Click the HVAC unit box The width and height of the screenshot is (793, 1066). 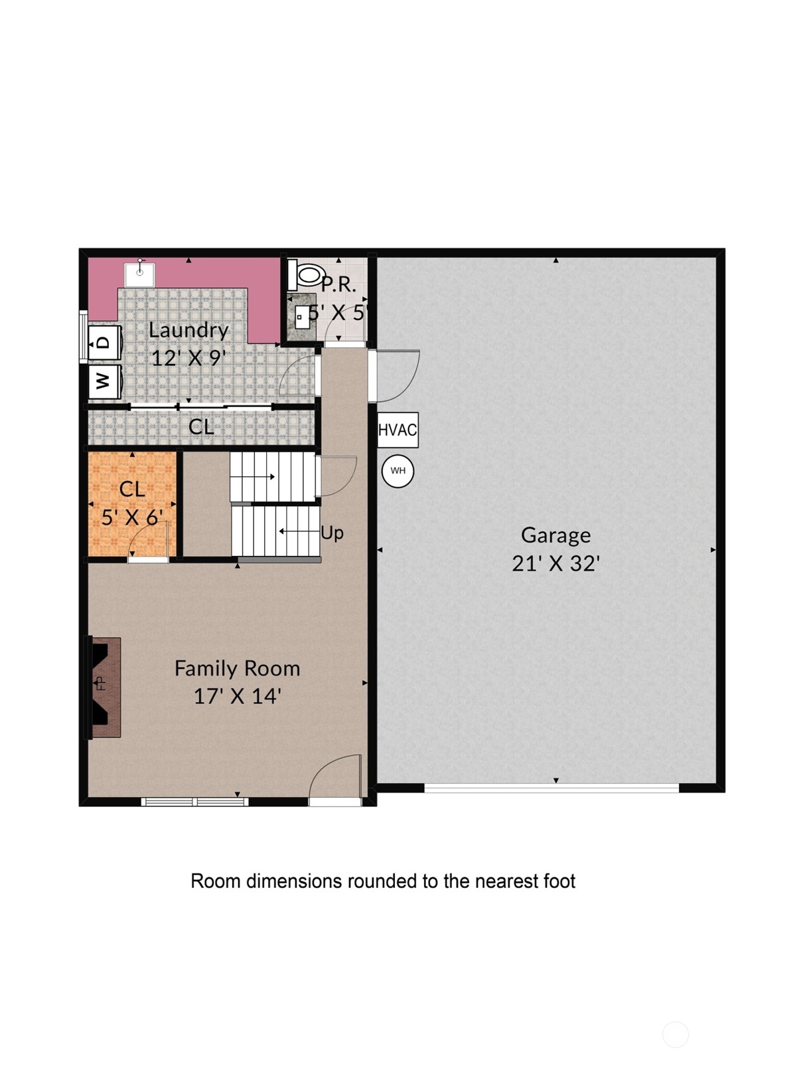397,430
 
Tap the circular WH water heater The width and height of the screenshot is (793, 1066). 397,471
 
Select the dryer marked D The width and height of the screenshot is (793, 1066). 104,342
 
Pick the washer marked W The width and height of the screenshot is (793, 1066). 104,382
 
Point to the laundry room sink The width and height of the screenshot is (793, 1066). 139,274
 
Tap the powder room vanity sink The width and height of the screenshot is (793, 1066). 302,316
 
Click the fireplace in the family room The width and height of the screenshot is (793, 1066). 102,687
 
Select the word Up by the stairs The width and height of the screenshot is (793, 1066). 332,533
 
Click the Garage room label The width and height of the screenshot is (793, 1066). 555,535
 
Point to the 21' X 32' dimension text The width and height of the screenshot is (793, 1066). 555,563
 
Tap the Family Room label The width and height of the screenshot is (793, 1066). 238,669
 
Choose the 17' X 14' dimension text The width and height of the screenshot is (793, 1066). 238,697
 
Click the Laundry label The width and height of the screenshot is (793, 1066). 188,331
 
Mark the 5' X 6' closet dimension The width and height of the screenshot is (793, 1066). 133,518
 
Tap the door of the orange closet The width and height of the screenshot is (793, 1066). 148,539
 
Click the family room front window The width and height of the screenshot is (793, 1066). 194,801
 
